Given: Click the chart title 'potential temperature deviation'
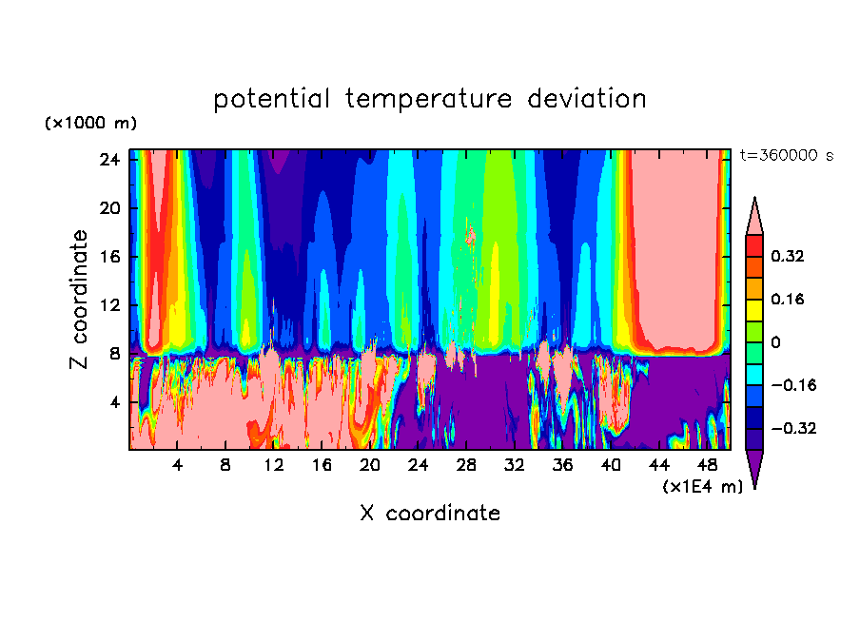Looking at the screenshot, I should click(430, 99).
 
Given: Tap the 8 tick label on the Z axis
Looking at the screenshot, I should click(115, 354).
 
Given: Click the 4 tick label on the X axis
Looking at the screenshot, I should click(178, 466).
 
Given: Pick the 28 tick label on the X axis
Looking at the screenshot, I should click(466, 466).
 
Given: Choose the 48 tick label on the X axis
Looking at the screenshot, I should click(707, 466).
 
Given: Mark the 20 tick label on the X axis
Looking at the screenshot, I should click(370, 466).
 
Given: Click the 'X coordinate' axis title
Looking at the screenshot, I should click(430, 514).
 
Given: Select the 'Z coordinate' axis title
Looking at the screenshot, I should click(80, 300).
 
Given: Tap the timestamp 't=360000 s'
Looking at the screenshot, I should click(786, 155).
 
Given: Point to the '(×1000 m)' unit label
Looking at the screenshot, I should click(91, 124).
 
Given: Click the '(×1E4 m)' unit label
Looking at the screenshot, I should click(703, 487).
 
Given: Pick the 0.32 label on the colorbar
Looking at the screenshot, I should click(789, 256).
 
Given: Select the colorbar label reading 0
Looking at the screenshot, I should click(776, 342).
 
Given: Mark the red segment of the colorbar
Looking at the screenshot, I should click(753, 244).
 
